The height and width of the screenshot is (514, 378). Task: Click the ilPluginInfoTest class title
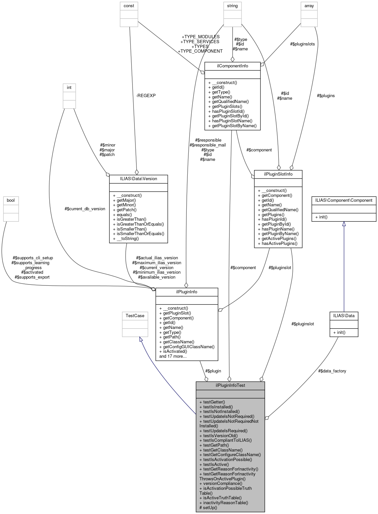pos(230,385)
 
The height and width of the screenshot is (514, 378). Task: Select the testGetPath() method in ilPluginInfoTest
pos(216,445)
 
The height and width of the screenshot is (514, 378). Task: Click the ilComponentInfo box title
pos(232,66)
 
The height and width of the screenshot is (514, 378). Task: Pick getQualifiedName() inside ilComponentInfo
pos(230,101)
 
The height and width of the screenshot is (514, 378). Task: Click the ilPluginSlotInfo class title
pos(278,174)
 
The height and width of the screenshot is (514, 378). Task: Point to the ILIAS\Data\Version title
pos(138,179)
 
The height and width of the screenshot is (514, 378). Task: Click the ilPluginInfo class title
pos(186,292)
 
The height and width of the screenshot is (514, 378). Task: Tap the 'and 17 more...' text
pos(173,356)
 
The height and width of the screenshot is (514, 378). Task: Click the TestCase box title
pos(135,316)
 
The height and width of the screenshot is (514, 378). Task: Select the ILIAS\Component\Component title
pos(344,200)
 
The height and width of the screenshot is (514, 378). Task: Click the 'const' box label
pos(129,6)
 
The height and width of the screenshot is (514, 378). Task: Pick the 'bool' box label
pos(11,200)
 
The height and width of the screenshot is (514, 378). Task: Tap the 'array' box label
pos(309,6)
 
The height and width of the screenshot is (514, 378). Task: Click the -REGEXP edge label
pos(146,95)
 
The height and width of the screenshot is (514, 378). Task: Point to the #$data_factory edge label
pos(332,371)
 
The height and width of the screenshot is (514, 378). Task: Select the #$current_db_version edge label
pos(85,209)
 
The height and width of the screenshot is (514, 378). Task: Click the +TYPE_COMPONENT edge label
pos(200,51)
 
